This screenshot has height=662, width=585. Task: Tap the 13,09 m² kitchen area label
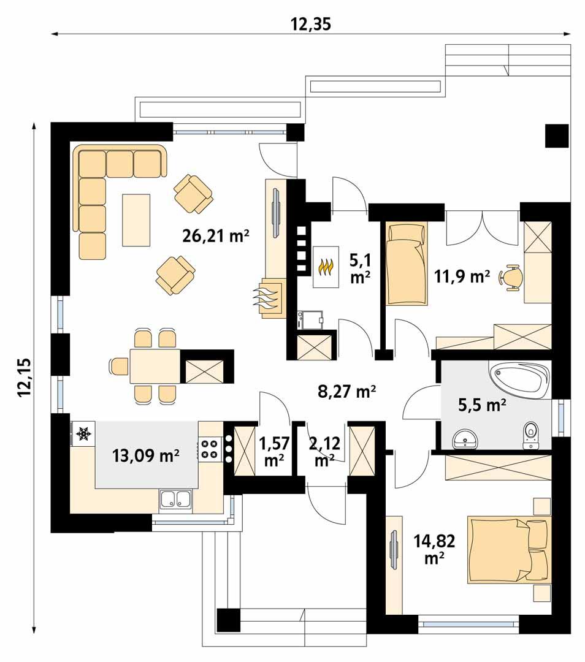coord(145,455)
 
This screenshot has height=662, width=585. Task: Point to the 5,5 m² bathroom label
coord(482,404)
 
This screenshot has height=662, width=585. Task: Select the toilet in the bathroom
coord(531,435)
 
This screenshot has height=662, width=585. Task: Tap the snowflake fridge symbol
coord(83,434)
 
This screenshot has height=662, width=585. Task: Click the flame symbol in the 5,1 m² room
coord(326,267)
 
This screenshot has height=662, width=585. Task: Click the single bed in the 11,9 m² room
coord(406,264)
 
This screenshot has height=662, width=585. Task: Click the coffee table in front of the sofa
coord(136,219)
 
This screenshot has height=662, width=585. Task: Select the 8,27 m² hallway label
coord(346,391)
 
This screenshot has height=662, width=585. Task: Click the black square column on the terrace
coord(557,135)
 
